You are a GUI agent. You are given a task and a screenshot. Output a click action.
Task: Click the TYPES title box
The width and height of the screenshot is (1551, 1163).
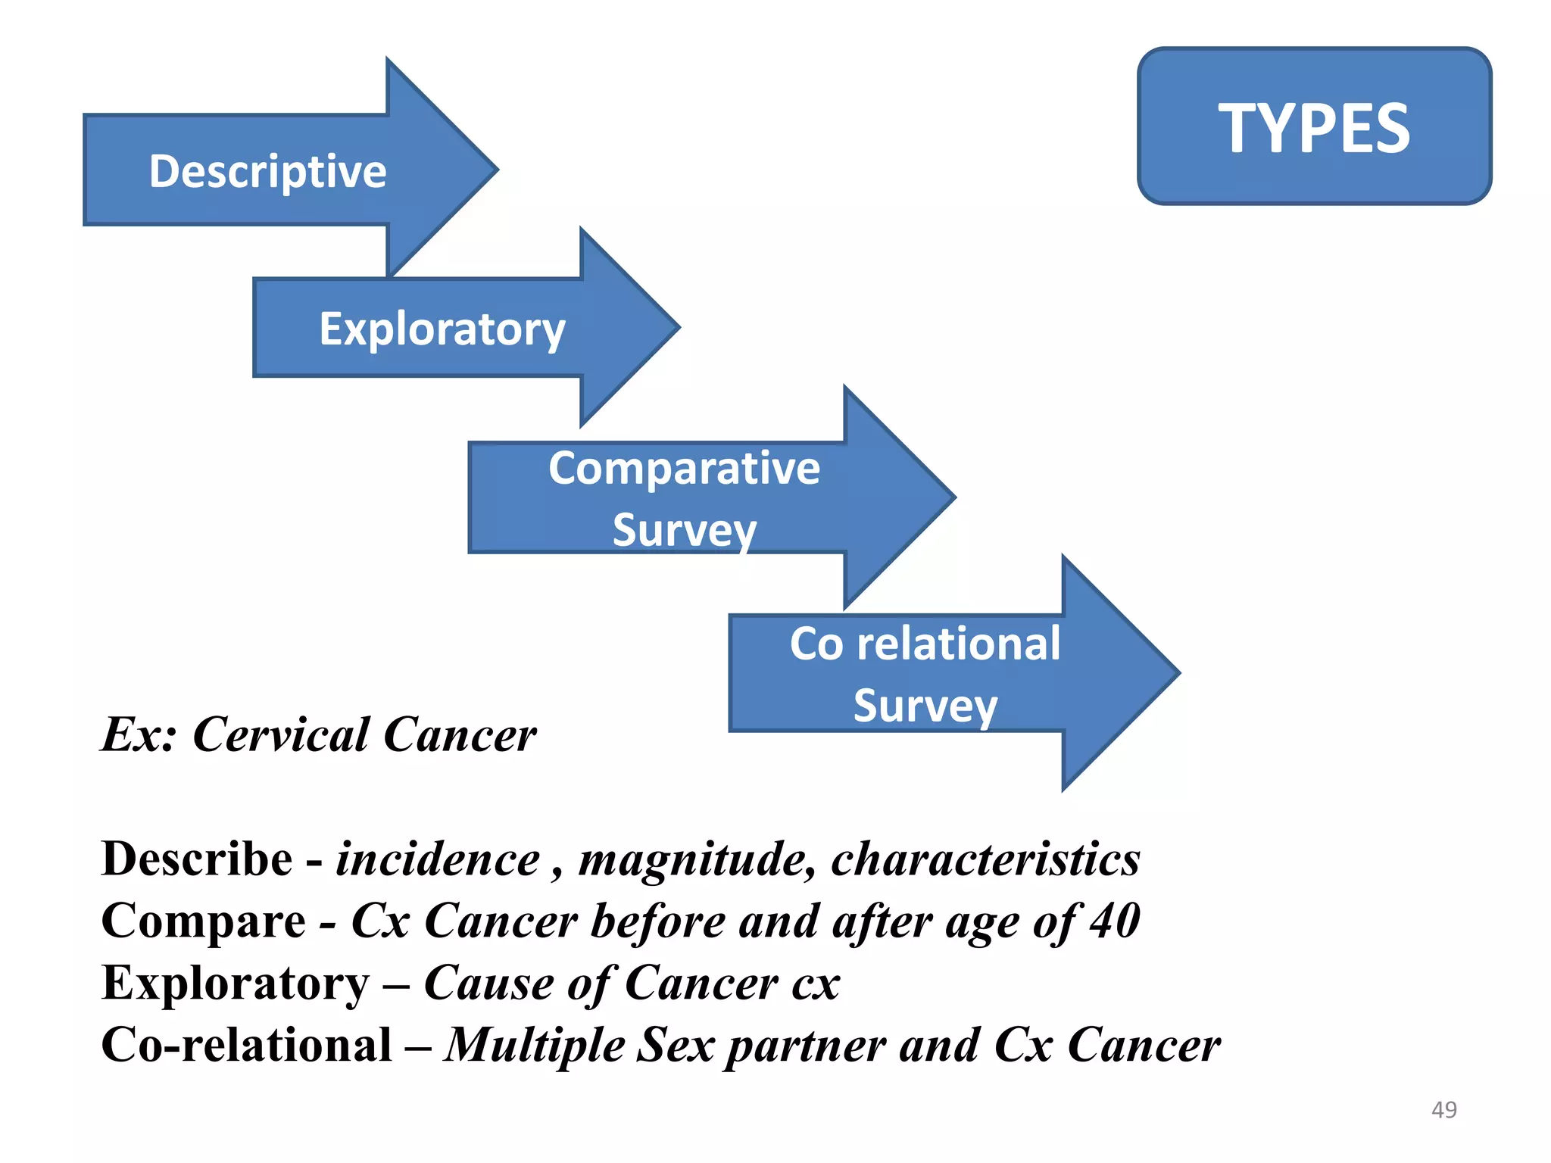[x=1314, y=126]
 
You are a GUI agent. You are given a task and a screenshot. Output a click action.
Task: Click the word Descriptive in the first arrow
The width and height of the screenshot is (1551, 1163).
[x=267, y=171]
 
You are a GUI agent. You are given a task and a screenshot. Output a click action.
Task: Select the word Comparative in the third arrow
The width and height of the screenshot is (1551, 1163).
[x=684, y=468]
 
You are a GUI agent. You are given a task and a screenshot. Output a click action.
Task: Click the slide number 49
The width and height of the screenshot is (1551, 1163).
[x=1443, y=1109]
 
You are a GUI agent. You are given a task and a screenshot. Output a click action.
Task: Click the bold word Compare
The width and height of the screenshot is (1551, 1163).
[x=203, y=921]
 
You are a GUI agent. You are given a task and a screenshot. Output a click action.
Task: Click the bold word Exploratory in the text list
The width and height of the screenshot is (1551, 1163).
[x=235, y=984]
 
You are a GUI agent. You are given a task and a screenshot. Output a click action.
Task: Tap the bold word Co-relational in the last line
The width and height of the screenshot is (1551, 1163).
[x=246, y=1045]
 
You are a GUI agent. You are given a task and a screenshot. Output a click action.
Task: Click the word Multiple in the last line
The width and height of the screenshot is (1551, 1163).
[x=535, y=1046]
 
